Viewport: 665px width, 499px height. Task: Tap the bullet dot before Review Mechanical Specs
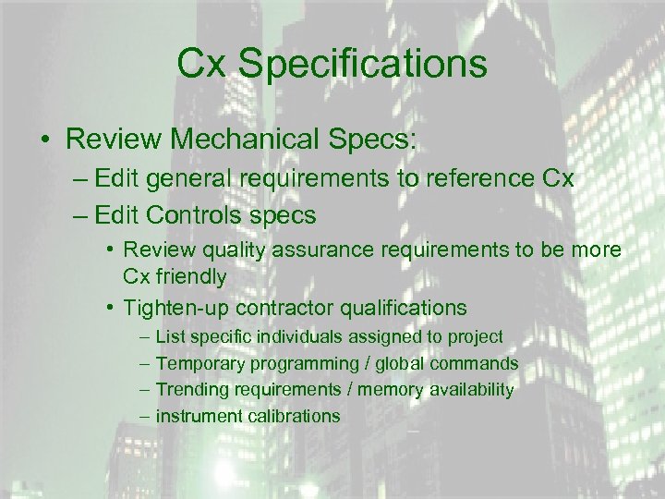[43, 141]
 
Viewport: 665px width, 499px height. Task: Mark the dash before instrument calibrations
[144, 416]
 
